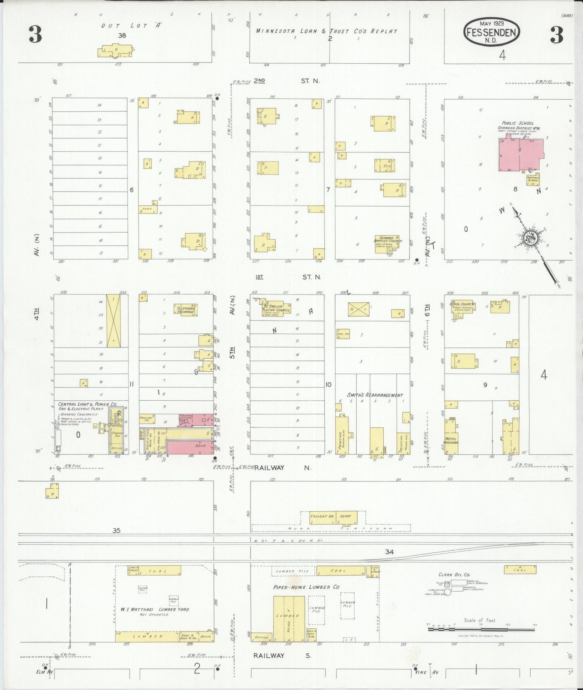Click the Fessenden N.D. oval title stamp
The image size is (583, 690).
491,31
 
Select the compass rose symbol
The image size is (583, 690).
529,238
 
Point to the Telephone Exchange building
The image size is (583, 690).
185,310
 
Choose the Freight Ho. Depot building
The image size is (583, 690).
333,517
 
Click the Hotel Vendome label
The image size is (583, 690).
451,440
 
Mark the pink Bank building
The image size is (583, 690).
190,447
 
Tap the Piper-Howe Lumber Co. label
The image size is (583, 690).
306,587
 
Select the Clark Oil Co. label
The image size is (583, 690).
454,575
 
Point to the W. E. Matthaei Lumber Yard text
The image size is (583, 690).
155,610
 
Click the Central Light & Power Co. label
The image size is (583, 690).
87,404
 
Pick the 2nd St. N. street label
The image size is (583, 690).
287,81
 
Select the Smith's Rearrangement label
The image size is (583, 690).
375,395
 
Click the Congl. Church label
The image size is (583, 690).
462,304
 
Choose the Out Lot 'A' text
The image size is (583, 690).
130,25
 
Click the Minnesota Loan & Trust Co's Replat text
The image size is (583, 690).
327,31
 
